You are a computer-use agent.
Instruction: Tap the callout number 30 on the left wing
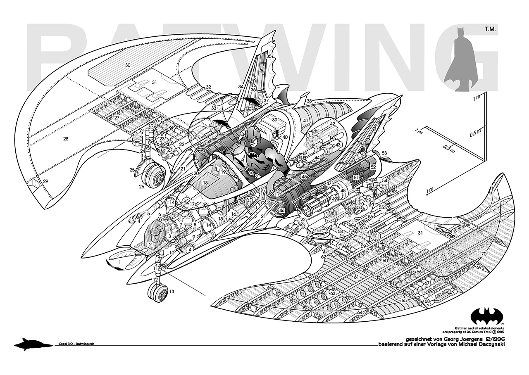pyautogui.click(x=128, y=65)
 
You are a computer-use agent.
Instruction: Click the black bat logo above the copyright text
pyautogui.click(x=487, y=316)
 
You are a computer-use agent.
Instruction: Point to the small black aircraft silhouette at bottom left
pyautogui.click(x=28, y=344)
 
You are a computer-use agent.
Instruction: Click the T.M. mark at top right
pyautogui.click(x=487, y=30)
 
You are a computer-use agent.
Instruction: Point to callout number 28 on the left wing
pyautogui.click(x=65, y=139)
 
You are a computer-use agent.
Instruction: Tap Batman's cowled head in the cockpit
pyautogui.click(x=252, y=135)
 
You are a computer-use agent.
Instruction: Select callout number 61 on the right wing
pyautogui.click(x=356, y=276)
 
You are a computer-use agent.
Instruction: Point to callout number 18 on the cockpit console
pyautogui.click(x=204, y=182)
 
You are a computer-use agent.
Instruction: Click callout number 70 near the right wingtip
pyautogui.click(x=484, y=253)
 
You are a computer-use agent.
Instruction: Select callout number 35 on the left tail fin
pyautogui.click(x=269, y=56)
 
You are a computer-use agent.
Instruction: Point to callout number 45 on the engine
pyautogui.click(x=304, y=177)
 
